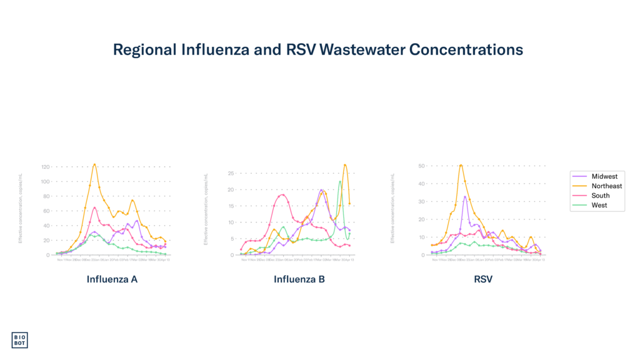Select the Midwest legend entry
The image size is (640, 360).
click(604, 177)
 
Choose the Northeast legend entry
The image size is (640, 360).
click(606, 186)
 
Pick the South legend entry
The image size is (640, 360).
click(600, 196)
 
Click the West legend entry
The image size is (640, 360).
click(599, 205)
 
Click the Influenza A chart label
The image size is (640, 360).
click(112, 279)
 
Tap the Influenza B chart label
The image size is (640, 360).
click(299, 279)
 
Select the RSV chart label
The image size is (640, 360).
click(483, 279)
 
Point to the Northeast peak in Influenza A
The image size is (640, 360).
click(94, 164)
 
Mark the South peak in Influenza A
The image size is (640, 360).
click(94, 207)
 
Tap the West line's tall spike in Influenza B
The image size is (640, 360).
click(340, 181)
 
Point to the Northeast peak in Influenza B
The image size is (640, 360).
click(344, 165)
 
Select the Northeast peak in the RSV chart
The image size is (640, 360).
click(461, 165)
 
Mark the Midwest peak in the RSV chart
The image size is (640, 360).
click(465, 196)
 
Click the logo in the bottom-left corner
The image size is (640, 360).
click(20, 339)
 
